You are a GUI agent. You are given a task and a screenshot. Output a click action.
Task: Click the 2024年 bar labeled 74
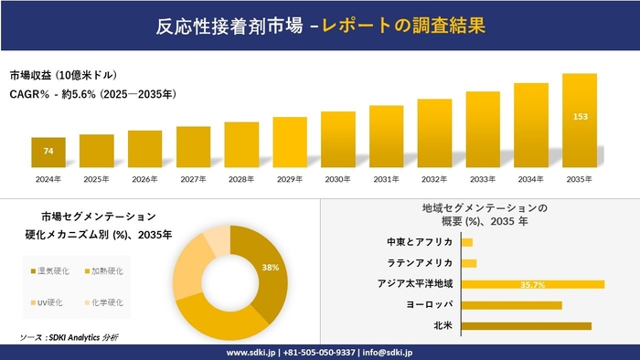click(x=48, y=152)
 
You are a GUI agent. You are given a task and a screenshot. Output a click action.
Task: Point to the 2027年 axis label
click(x=193, y=178)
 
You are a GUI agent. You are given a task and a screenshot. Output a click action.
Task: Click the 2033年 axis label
click(x=483, y=178)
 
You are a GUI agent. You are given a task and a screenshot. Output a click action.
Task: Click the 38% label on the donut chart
click(x=271, y=268)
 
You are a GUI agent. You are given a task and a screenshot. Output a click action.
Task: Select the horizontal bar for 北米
click(x=527, y=325)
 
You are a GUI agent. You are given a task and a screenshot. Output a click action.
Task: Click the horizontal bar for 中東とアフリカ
click(x=467, y=242)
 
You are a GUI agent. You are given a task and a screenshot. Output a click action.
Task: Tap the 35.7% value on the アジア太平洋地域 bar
click(x=533, y=284)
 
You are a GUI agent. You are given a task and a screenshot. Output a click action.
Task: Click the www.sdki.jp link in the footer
click(x=253, y=352)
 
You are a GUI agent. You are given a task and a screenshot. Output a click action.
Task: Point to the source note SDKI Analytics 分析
click(x=69, y=338)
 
